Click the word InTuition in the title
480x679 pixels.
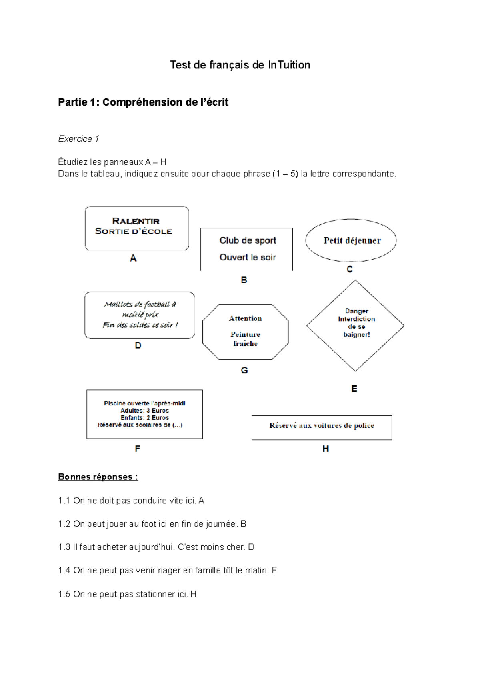pyautogui.click(x=289, y=65)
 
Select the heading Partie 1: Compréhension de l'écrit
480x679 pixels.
pyautogui.click(x=143, y=102)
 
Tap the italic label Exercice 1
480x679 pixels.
pyautogui.click(x=78, y=139)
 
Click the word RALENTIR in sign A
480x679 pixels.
pyautogui.click(x=136, y=221)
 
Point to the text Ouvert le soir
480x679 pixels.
pyautogui.click(x=248, y=257)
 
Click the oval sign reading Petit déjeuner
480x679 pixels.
pyautogui.click(x=351, y=240)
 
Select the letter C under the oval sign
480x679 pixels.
pyautogui.click(x=350, y=269)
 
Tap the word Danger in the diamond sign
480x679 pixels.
pyautogui.click(x=356, y=311)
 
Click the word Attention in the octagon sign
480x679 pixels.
pyautogui.click(x=245, y=318)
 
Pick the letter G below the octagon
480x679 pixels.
pyautogui.click(x=244, y=371)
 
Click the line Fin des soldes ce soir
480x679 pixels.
pyautogui.click(x=140, y=325)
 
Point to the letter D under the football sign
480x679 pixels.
pyautogui.click(x=138, y=345)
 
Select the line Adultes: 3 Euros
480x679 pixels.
pyautogui.click(x=144, y=411)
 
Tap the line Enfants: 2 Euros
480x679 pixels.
pyautogui.click(x=144, y=418)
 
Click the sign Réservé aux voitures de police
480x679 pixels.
pyautogui.click(x=322, y=426)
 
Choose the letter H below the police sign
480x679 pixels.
pyautogui.click(x=326, y=449)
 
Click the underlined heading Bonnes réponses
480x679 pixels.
pyautogui.click(x=98, y=477)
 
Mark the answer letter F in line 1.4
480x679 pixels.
pyautogui.click(x=274, y=571)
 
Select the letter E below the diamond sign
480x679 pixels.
pyautogui.click(x=354, y=389)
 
